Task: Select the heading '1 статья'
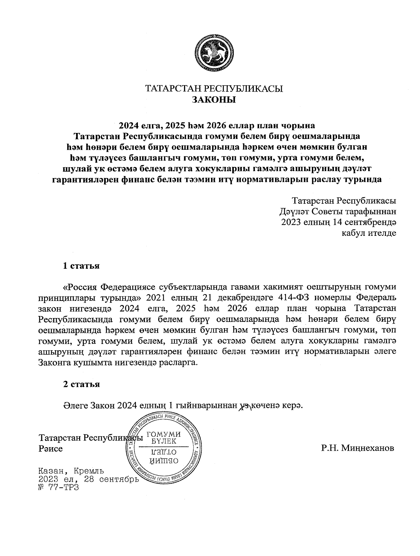[81, 266]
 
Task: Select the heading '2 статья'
[81, 384]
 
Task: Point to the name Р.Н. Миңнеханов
[357, 448]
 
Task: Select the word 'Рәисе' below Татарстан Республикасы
[50, 448]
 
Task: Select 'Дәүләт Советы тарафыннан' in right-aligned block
[338, 212]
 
